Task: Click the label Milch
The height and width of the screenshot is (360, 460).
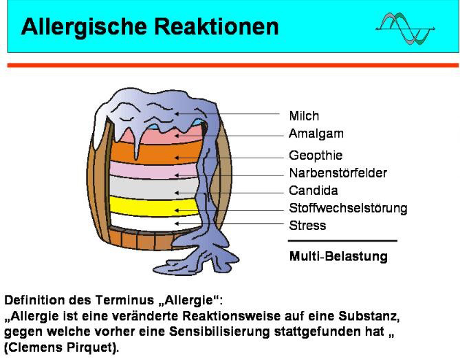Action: pos(304,116)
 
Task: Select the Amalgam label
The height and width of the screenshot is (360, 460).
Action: pos(316,134)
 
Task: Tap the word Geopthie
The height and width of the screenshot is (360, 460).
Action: pos(316,156)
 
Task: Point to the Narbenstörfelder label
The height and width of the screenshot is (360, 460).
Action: pos(338,173)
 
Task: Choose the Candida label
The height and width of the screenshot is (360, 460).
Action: pos(314,191)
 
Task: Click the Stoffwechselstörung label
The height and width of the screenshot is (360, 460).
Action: pos(348,208)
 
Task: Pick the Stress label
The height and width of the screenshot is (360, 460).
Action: pos(307,226)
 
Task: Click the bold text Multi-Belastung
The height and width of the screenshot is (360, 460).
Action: pos(338,256)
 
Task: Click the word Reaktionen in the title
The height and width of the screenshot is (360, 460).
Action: pos(216,27)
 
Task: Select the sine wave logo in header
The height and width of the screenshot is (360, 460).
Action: pos(405,28)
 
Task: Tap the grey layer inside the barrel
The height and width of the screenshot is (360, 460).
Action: pos(153,188)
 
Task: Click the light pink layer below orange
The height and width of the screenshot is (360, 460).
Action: pos(153,170)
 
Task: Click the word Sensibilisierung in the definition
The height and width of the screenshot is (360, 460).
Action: pos(219,332)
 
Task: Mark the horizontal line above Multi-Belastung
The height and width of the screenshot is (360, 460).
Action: pos(342,241)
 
